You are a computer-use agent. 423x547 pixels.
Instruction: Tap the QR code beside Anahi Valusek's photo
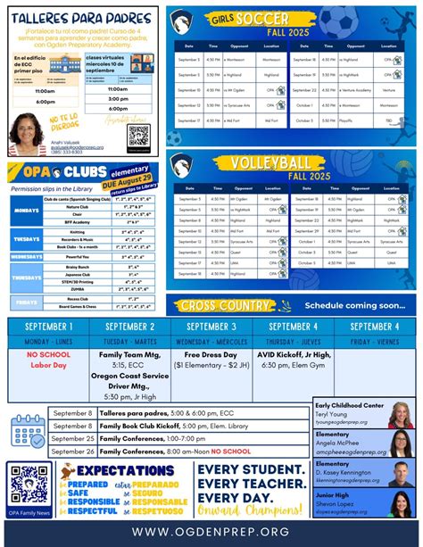tap(137, 136)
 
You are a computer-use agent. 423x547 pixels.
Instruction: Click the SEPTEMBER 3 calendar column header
tap(211, 327)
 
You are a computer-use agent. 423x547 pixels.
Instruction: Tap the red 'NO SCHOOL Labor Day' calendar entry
tap(49, 359)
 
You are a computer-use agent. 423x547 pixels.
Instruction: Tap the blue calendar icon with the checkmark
tap(26, 431)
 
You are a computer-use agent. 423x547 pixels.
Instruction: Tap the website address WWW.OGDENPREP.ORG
tap(211, 532)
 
